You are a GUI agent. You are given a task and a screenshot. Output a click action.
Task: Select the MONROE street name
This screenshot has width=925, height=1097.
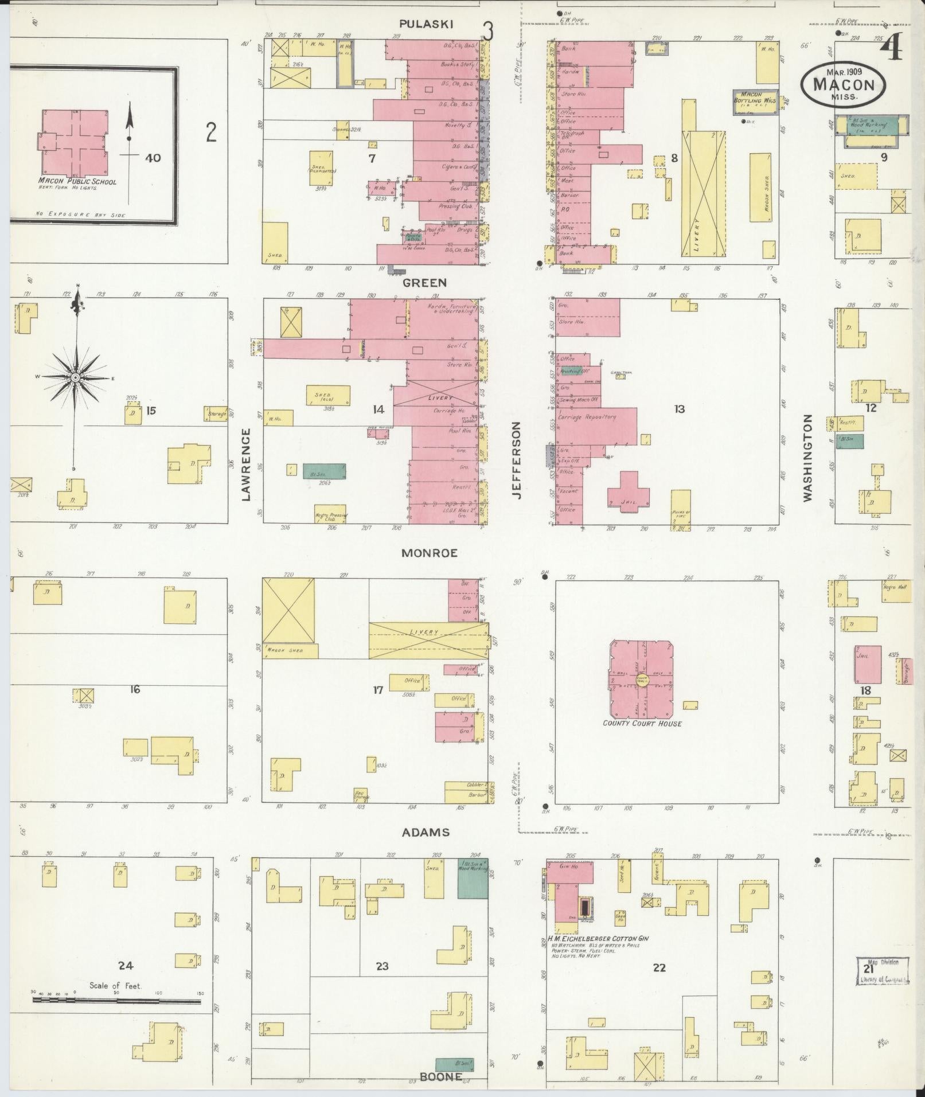click(x=429, y=553)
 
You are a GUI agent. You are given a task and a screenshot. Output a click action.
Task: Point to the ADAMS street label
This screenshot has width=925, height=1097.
click(x=425, y=833)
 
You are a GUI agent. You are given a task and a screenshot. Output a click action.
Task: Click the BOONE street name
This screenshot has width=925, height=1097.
click(x=440, y=1077)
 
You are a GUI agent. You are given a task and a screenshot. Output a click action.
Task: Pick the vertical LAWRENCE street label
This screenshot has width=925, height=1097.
click(x=246, y=464)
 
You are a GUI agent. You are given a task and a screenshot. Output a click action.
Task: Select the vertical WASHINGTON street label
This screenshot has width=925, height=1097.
click(x=807, y=458)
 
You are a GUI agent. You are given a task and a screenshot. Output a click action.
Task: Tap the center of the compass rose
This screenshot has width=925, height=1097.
click(x=75, y=378)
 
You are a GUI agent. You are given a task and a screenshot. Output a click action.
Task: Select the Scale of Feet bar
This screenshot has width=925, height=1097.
click(x=116, y=1000)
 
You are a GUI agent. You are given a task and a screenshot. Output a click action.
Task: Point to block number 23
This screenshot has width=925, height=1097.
click(x=382, y=966)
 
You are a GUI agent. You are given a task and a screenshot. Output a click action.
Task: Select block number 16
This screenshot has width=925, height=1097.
click(x=135, y=689)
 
